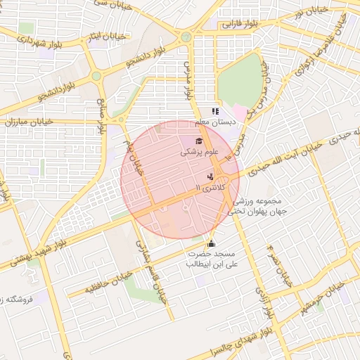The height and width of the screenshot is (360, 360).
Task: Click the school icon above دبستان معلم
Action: tap(215, 111)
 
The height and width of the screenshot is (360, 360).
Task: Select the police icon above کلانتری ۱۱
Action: tap(210, 176)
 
